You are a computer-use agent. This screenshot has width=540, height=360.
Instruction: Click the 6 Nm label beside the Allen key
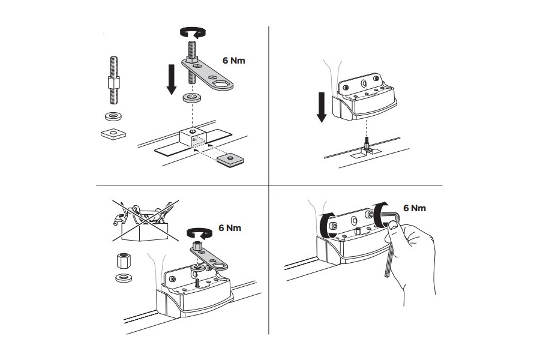[x=415, y=208]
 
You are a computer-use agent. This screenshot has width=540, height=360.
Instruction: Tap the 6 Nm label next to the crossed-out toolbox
[x=230, y=228]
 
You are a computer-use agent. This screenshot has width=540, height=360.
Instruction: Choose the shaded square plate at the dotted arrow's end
[x=231, y=158]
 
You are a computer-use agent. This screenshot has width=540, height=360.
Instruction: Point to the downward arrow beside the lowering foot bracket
[x=322, y=104]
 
